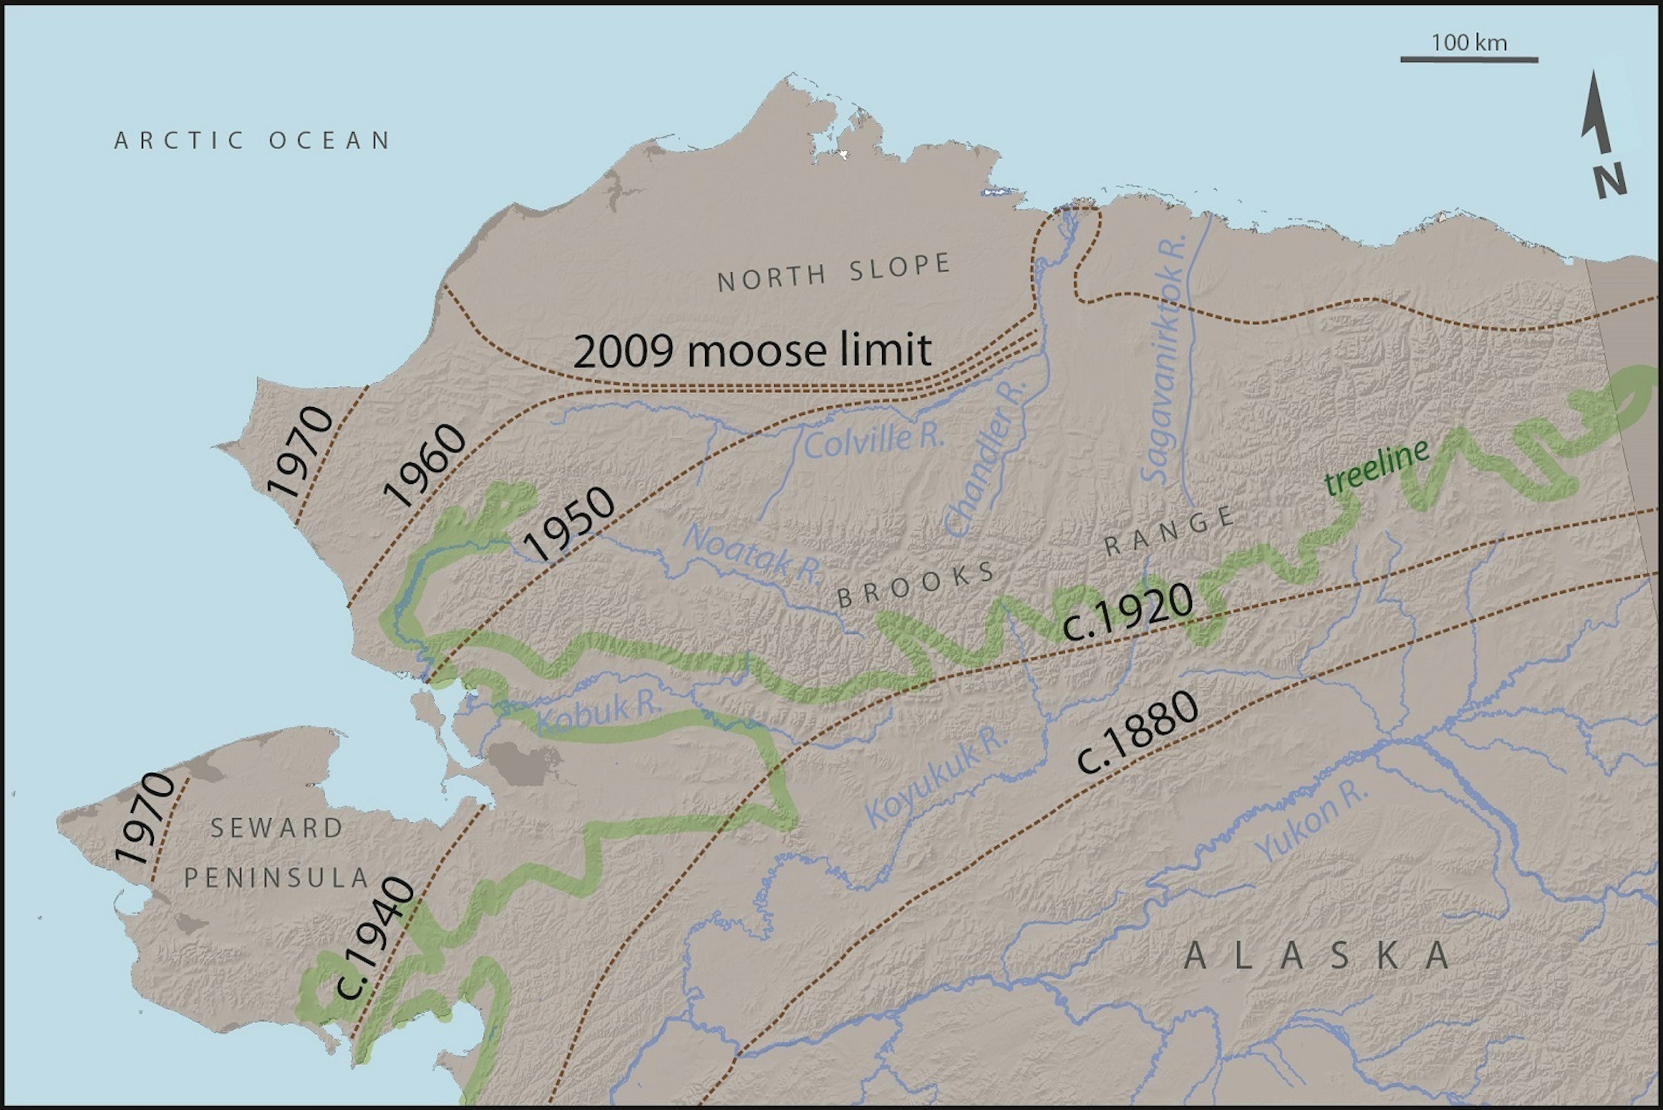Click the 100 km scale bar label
point(1468,43)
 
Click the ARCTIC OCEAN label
point(252,140)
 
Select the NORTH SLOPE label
point(834,272)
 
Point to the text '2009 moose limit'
point(752,351)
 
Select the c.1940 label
point(374,938)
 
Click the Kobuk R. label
point(598,715)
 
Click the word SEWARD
point(277,827)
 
